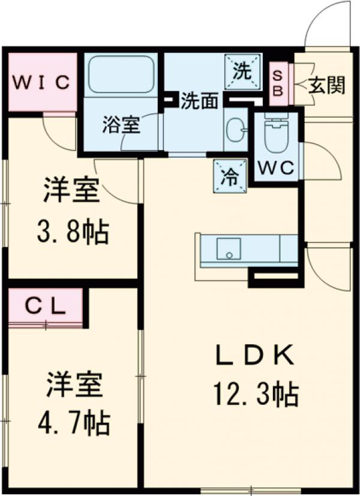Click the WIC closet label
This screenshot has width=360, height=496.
pos(41,83)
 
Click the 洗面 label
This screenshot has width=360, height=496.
pos(199,101)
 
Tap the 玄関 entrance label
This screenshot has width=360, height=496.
pos(327,86)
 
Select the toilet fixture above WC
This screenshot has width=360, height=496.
pos(276,134)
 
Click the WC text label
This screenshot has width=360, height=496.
pos(275,169)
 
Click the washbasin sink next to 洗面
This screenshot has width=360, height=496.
pos(235,128)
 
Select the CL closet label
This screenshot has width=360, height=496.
pos(45,306)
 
